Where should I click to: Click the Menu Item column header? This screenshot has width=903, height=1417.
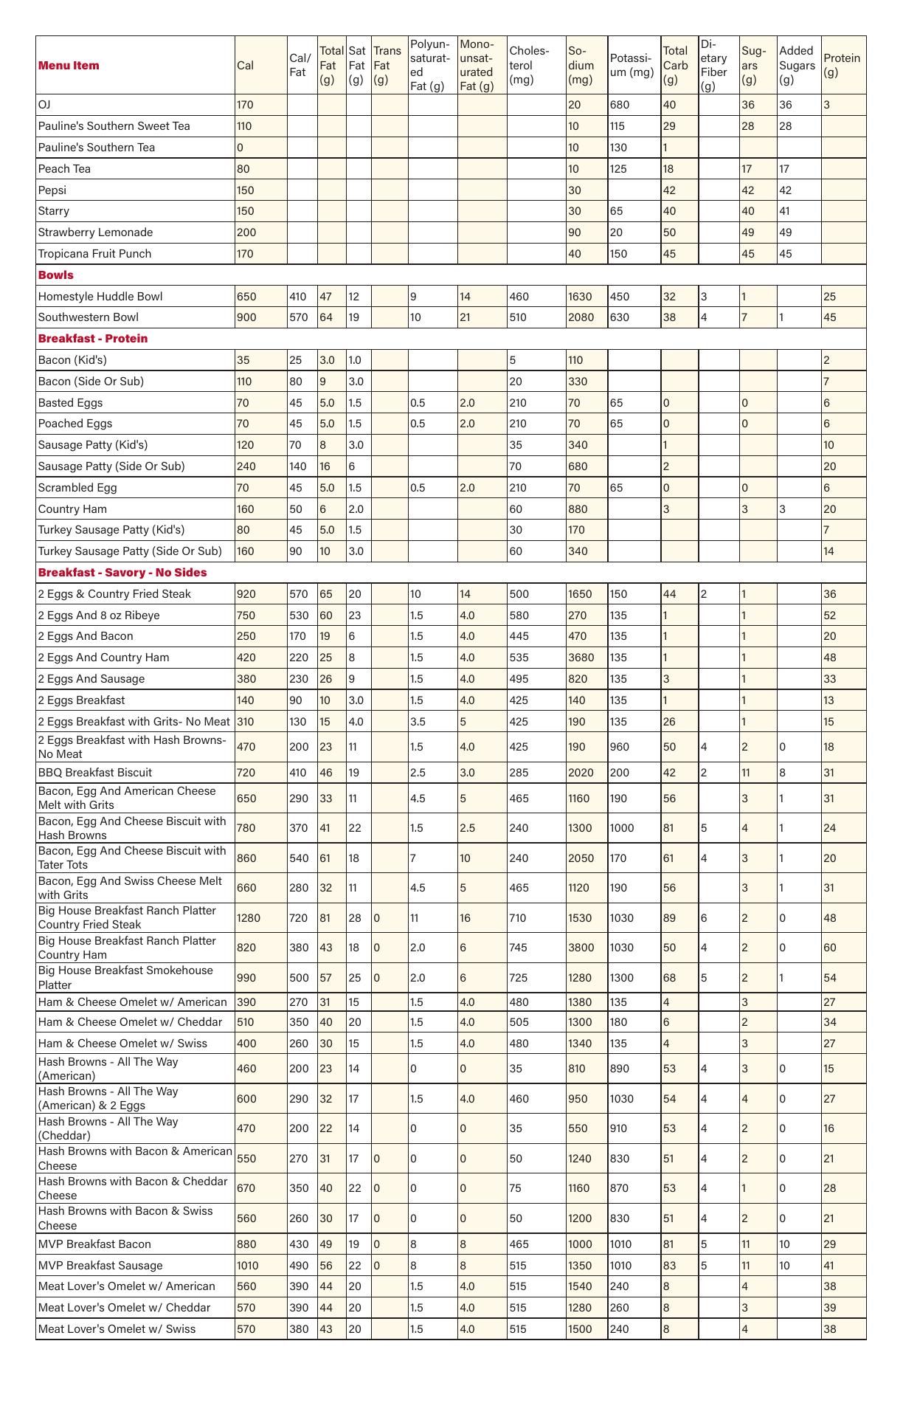[69, 65]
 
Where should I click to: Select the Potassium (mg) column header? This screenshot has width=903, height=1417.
[632, 65]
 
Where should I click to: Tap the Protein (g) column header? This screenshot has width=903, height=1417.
[842, 65]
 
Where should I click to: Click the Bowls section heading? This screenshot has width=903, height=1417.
[56, 275]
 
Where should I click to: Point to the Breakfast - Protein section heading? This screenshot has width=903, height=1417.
[93, 338]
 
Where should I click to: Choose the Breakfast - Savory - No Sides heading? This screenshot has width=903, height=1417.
[122, 572]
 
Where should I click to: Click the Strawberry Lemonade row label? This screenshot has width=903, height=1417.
[95, 232]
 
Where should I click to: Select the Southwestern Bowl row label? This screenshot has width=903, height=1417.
[88, 317]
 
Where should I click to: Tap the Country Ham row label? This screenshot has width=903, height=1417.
[72, 508]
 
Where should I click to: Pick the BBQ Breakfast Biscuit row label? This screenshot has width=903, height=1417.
[95, 772]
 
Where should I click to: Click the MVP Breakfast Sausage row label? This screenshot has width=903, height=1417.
[100, 1265]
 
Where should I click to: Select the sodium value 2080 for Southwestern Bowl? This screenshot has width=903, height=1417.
[580, 317]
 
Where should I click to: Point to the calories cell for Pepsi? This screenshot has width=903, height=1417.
[246, 190]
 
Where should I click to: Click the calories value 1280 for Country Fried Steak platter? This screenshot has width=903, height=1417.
[249, 917]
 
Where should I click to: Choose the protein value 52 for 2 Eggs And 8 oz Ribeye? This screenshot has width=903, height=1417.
[829, 615]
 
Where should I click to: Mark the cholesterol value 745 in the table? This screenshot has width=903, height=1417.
[519, 947]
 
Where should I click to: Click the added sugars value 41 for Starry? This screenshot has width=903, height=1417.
[786, 210]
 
